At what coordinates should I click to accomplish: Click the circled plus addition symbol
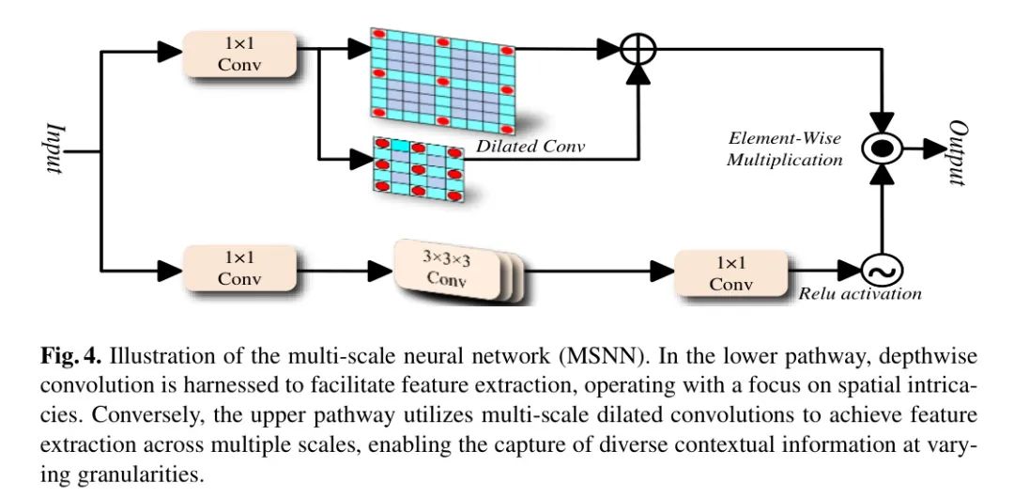coord(638,49)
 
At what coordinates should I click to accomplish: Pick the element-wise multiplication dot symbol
coord(883,148)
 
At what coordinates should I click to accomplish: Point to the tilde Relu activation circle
coord(883,272)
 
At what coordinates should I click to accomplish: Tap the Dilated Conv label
coord(530,146)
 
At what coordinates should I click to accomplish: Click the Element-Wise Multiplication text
coord(785,149)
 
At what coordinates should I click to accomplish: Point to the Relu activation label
coord(860,294)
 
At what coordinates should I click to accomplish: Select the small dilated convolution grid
coord(418,170)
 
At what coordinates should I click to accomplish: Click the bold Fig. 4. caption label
coord(73,358)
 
